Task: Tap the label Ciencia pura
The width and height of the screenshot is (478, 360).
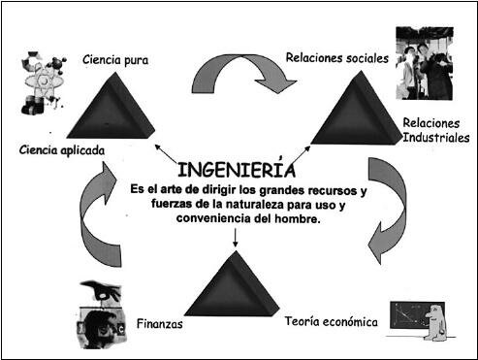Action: (116, 61)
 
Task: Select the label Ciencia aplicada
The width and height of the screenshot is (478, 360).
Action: (61, 149)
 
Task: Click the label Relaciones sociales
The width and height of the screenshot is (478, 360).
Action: (336, 57)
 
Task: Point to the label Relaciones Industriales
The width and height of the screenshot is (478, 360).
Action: (435, 130)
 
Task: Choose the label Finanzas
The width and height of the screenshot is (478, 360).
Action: (160, 323)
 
